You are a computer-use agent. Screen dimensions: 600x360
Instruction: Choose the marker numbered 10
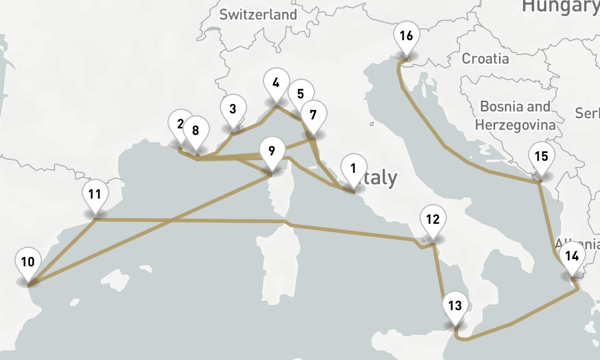28,262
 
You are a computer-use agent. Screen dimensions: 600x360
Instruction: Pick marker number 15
541,157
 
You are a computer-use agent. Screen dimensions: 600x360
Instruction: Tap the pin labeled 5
300,94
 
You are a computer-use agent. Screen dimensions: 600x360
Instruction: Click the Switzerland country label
258,15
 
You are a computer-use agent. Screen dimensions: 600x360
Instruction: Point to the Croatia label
485,59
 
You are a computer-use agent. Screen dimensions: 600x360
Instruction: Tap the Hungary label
560,6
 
